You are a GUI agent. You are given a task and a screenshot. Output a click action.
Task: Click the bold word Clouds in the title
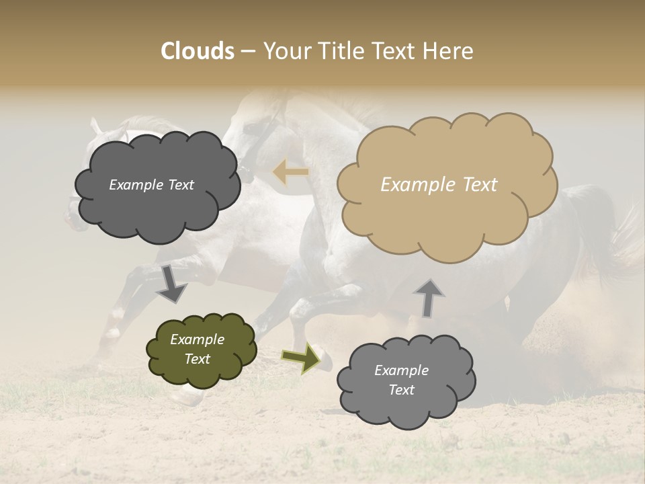pyautogui.click(x=197, y=51)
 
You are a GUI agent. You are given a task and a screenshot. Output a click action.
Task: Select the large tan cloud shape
pyautogui.click(x=447, y=185)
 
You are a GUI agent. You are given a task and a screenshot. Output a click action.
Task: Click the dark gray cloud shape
pyautogui.click(x=157, y=186)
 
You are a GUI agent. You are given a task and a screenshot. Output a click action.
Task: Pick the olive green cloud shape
pyautogui.click(x=201, y=350)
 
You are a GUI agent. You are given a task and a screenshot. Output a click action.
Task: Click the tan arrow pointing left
pyautogui.click(x=291, y=172)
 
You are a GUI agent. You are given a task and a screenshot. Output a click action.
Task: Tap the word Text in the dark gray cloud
pyautogui.click(x=179, y=185)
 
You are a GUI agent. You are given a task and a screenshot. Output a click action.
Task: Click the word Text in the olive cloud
pyautogui.click(x=198, y=359)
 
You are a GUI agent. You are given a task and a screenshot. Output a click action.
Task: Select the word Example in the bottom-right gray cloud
pyautogui.click(x=401, y=370)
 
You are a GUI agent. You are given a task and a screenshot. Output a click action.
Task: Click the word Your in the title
pyautogui.click(x=284, y=51)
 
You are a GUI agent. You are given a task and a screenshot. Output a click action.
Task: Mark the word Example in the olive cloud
pyautogui.click(x=198, y=339)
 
